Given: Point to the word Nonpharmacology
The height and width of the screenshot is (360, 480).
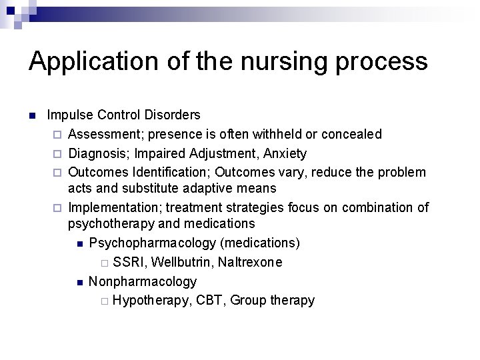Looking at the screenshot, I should (x=143, y=282).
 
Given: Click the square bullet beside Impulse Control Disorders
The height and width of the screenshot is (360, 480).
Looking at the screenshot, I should (x=31, y=116).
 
